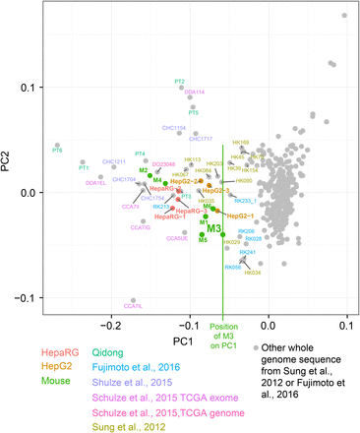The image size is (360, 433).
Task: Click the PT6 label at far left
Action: point(57,151)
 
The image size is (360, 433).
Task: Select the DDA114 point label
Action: point(195,92)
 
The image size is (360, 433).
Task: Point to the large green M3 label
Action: point(212,229)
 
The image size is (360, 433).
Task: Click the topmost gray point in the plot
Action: point(344,15)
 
